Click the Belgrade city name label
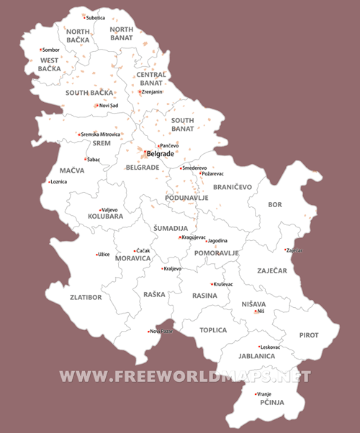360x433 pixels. tap(161, 153)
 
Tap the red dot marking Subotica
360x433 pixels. tap(84, 17)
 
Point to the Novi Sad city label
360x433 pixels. tap(109, 106)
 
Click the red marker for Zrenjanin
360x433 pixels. tap(140, 92)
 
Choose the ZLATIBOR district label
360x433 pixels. tap(86, 296)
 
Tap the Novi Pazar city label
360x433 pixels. tap(161, 331)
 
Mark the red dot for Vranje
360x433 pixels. tap(256, 393)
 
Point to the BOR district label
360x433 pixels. tap(274, 205)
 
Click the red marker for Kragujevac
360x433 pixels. tap(180, 237)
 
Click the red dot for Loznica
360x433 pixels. tap(48, 182)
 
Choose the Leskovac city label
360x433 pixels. tap(270, 347)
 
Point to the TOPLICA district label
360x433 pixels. tap(213, 330)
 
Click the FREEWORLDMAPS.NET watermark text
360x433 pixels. tap(185, 376)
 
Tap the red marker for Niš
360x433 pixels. tap(255, 311)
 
